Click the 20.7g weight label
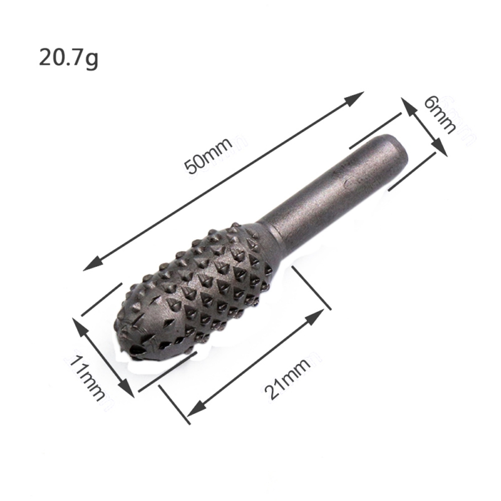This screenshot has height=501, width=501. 68,58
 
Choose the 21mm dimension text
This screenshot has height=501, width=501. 288,378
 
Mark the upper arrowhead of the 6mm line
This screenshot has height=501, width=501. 409,106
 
